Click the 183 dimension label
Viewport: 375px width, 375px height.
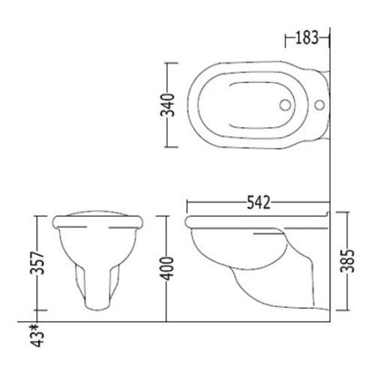307,38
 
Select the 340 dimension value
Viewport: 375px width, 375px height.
167,105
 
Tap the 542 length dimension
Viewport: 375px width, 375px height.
259,202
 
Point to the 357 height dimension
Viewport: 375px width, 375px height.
37,263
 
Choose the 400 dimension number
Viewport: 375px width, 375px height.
167,268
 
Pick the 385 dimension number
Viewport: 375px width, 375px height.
348,260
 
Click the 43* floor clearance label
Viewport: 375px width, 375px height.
37,335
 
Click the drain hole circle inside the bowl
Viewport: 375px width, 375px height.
285,105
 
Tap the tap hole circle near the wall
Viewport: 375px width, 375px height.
319,105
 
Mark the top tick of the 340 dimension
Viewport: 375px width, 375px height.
172,63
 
